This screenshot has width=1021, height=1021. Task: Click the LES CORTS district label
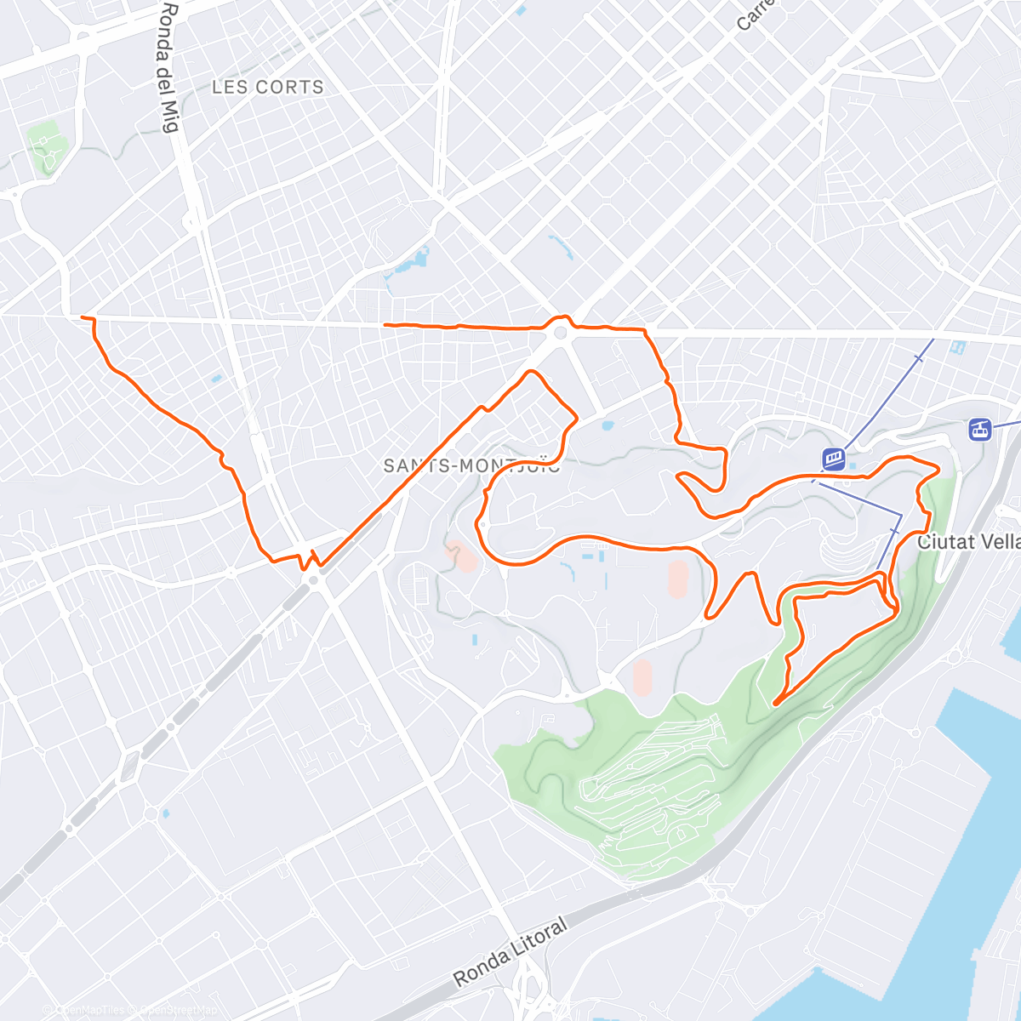(267, 87)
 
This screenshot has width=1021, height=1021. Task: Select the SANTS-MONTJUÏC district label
(471, 465)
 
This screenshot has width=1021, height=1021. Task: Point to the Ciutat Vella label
(968, 541)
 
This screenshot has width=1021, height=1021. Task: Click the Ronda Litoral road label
(510, 953)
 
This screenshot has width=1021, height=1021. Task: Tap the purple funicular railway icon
(834, 459)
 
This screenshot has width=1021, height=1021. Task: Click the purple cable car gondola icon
(980, 429)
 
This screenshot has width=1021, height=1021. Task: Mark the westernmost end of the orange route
(83, 317)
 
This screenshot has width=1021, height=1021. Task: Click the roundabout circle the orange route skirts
(560, 334)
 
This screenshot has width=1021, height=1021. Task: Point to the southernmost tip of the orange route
(775, 703)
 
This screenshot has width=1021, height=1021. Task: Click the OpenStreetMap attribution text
(174, 1010)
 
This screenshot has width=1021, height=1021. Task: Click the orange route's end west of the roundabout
(385, 324)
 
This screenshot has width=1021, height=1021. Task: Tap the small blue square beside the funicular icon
(853, 465)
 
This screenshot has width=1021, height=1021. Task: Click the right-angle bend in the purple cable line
(900, 516)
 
